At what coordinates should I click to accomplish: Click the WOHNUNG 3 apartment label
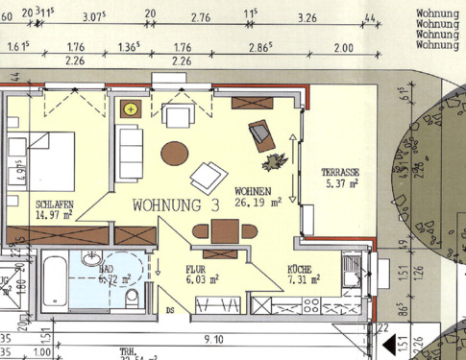(x=177, y=204)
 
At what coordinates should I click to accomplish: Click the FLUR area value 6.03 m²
(x=203, y=279)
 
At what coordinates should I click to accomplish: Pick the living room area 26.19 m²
(x=257, y=203)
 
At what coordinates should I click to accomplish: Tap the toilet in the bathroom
(x=131, y=298)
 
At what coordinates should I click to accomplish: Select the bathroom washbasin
(x=91, y=258)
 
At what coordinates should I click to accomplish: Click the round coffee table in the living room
(x=175, y=153)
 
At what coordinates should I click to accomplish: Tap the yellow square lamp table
(x=130, y=109)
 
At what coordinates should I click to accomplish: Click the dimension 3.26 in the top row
(x=307, y=17)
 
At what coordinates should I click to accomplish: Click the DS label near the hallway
(x=170, y=310)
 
